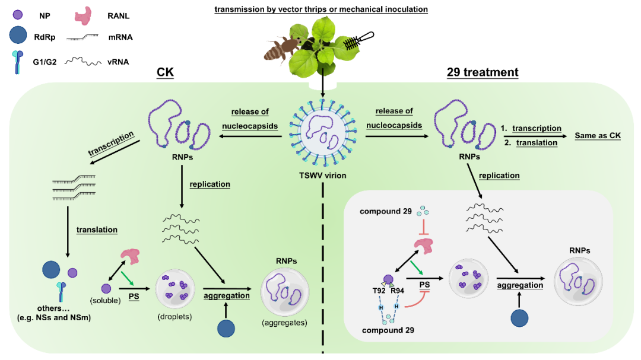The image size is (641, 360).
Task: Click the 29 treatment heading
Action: (x=483, y=72)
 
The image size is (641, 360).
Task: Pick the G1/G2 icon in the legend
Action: (x=18, y=60)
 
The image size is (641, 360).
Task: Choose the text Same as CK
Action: (x=598, y=136)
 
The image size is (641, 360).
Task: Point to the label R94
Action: (x=398, y=291)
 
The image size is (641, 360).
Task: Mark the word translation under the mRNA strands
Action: (x=97, y=230)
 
